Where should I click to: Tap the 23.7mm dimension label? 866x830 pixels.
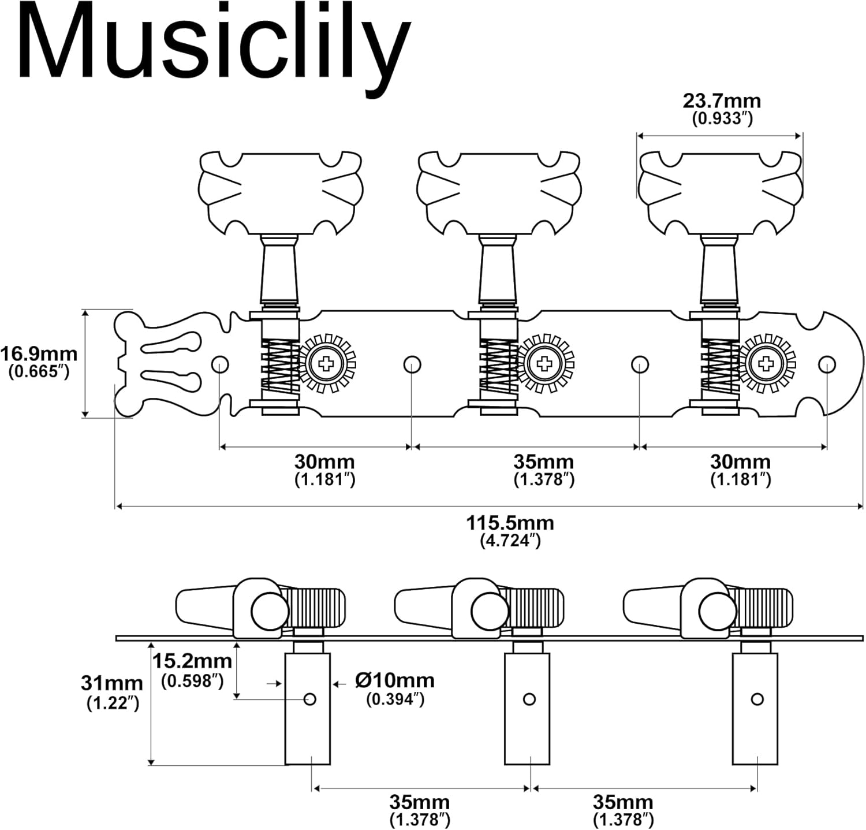[722, 101]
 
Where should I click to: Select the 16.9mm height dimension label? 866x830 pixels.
[39, 353]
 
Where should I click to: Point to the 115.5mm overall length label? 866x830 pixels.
[510, 523]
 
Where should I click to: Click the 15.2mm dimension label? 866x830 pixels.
[192, 661]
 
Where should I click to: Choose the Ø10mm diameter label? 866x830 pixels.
[395, 680]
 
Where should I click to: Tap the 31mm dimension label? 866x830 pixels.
[112, 683]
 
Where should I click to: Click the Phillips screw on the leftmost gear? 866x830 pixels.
[326, 364]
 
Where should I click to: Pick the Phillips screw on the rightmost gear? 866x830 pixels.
[766, 364]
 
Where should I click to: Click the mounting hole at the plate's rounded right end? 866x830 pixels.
[827, 364]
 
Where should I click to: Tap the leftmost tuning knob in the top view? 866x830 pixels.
[280, 193]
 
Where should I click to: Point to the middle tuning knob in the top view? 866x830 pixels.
[499, 193]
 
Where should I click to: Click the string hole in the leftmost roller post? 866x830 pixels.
[310, 699]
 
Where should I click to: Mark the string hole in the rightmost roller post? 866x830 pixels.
[757, 699]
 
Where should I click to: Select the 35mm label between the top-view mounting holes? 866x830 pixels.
[544, 462]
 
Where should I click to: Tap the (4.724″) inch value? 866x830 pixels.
[510, 541]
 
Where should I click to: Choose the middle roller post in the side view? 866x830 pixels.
[527, 708]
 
